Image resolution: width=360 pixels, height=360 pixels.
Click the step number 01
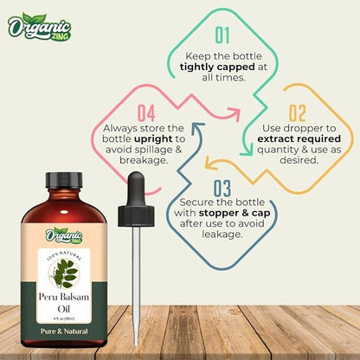222,35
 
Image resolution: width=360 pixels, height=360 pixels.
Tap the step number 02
298,112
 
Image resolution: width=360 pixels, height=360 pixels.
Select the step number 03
222,189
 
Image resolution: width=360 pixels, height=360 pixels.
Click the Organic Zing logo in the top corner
38,29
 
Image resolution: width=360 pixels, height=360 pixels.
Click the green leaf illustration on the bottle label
65,272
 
